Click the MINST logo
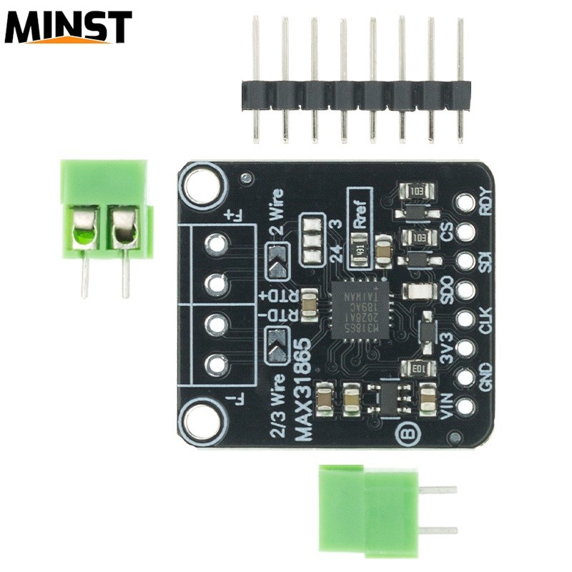click(68, 27)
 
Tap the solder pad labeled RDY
click(465, 203)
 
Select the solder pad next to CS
click(465, 232)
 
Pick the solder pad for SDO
click(465, 290)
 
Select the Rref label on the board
click(360, 209)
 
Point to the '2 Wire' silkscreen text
click(277, 214)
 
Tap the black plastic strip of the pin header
click(356, 94)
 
